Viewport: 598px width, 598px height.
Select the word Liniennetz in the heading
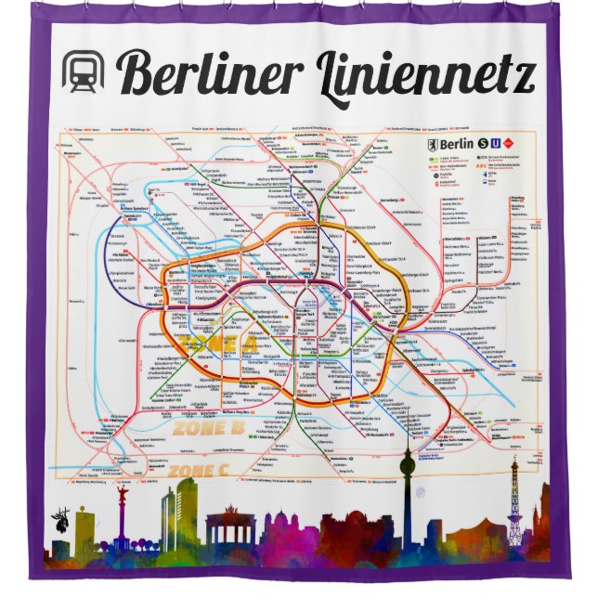pos(427,74)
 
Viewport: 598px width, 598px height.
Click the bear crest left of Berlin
pos(431,144)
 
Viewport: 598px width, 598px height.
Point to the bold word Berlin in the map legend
pos(456,144)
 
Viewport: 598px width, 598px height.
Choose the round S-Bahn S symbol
pos(482,144)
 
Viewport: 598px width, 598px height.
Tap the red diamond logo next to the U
pos(507,144)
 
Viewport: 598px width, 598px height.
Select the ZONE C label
pos(197,472)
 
